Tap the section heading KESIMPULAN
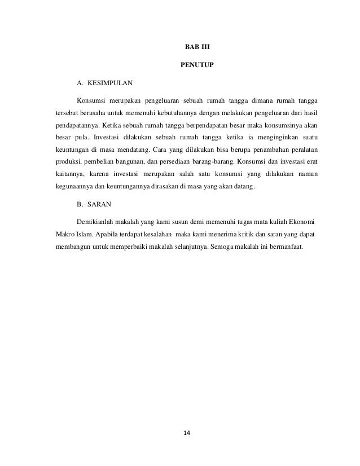tap(109, 84)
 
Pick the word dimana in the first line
tap(250, 101)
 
